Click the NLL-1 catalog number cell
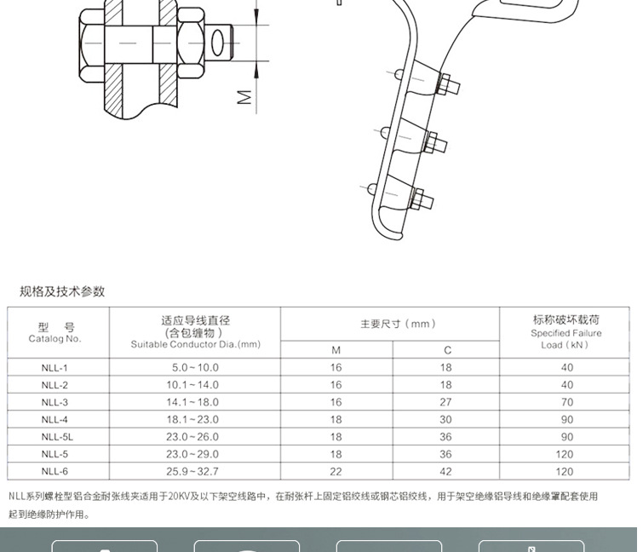[54, 367]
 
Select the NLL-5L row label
[54, 436]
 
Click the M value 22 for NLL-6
[336, 471]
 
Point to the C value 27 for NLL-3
[447, 402]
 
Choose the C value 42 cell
[447, 471]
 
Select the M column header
[336, 350]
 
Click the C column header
[447, 350]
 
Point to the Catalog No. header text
[55, 338]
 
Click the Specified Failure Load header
[565, 334]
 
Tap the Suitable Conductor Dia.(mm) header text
[195, 344]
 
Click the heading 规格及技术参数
[62, 291]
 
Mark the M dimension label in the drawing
[245, 98]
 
